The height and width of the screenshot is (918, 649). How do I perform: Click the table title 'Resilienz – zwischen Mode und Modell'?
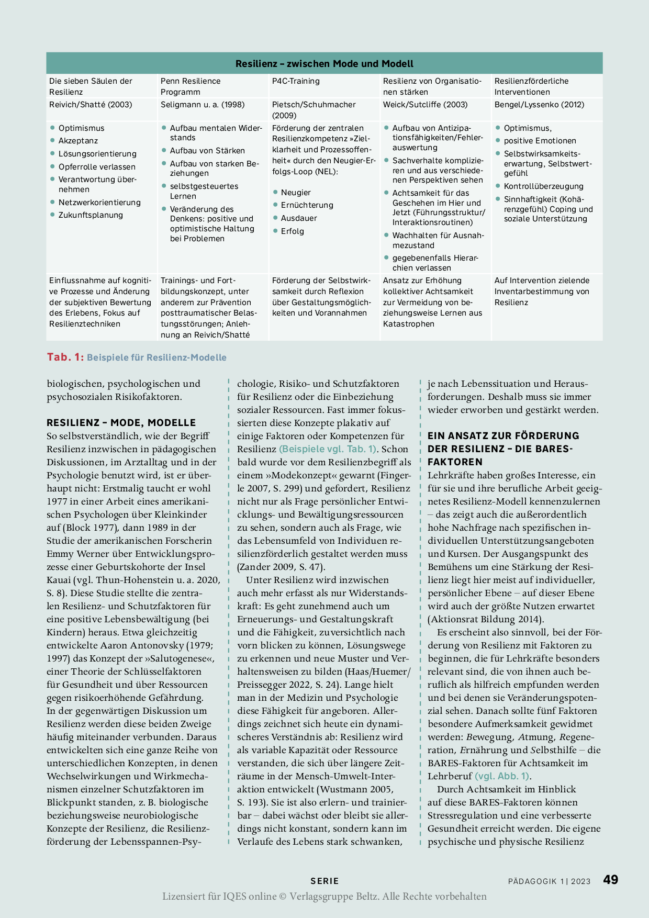point(324,64)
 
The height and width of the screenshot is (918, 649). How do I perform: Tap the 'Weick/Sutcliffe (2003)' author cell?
point(425,105)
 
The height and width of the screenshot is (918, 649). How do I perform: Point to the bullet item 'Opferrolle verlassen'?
point(97,167)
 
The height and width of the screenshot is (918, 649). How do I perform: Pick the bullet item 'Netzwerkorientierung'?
point(99,203)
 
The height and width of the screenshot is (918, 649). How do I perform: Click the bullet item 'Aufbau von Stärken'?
point(207,151)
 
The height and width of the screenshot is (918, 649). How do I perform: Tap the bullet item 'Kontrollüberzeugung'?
point(543,186)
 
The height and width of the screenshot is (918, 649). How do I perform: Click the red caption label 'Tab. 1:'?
point(65,357)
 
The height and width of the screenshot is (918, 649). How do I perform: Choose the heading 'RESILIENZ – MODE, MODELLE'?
point(121,423)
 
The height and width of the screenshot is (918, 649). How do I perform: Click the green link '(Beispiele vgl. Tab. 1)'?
point(328,449)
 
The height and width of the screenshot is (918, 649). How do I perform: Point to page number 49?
point(610,880)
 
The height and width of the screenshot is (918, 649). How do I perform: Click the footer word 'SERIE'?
point(324,881)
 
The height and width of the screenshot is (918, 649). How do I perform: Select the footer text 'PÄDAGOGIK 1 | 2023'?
point(549,881)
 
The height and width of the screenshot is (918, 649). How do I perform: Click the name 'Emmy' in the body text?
point(60,554)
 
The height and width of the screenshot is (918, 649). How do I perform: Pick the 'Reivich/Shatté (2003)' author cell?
point(91,105)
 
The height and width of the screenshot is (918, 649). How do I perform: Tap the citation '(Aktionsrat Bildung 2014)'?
point(486,619)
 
